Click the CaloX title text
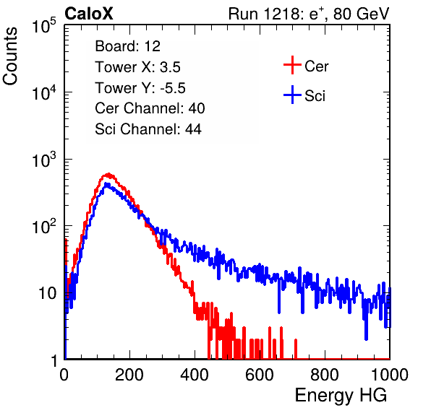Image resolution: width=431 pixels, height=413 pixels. pyautogui.click(x=89, y=14)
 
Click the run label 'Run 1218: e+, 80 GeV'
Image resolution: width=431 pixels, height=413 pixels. pyautogui.click(x=309, y=14)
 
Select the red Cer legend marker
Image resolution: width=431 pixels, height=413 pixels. pyautogui.click(x=292, y=65)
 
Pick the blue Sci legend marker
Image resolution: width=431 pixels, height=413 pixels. pyautogui.click(x=292, y=95)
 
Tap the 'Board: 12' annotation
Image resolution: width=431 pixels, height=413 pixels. pyautogui.click(x=127, y=46)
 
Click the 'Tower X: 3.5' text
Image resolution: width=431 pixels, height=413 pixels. pyautogui.click(x=137, y=67)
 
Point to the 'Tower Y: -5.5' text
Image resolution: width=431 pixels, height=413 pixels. pyautogui.click(x=140, y=88)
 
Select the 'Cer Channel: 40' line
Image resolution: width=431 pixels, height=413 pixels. pyautogui.click(x=150, y=108)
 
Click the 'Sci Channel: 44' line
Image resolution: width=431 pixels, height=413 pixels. pyautogui.click(x=148, y=129)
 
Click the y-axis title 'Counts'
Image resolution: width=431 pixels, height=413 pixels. pyautogui.click(x=10, y=56)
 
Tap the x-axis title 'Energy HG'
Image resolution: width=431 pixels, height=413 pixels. pyautogui.click(x=341, y=396)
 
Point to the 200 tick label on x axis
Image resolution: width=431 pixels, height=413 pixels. pyautogui.click(x=129, y=375)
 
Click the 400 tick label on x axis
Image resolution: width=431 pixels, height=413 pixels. pyautogui.click(x=195, y=375)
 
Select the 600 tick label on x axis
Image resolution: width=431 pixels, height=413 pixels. pyautogui.click(x=260, y=375)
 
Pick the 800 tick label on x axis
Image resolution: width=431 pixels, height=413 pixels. pyautogui.click(x=325, y=375)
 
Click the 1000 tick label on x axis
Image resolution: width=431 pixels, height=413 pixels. pyautogui.click(x=390, y=375)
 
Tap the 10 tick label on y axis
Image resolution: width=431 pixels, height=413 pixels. pyautogui.click(x=48, y=294)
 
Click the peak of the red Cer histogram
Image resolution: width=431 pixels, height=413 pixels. pyautogui.click(x=109, y=174)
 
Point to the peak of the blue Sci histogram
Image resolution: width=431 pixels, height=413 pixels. pyautogui.click(x=106, y=184)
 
